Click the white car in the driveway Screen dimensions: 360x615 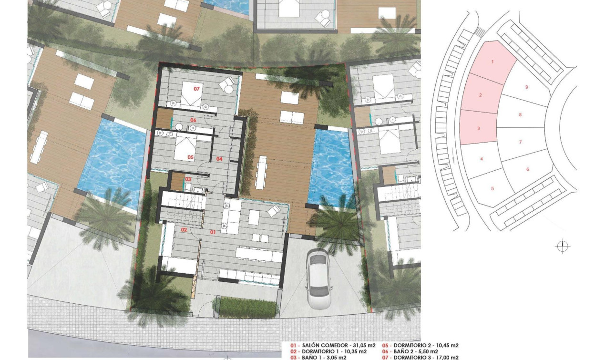318,279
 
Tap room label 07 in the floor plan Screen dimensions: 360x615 196,89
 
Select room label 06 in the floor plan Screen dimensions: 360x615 194,120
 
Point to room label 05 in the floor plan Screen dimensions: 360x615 190,157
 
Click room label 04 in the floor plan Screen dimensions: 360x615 219,159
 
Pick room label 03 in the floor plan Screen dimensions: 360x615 188,179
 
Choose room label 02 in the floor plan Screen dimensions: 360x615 183,230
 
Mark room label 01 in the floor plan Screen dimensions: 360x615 213,232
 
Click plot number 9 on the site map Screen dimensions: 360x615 526,87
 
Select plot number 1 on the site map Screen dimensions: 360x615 492,62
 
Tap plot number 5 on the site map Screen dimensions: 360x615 492,188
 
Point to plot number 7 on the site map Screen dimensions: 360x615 520,142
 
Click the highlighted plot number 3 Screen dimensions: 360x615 478,128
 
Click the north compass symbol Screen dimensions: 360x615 563,246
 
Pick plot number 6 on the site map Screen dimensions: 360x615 528,169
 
